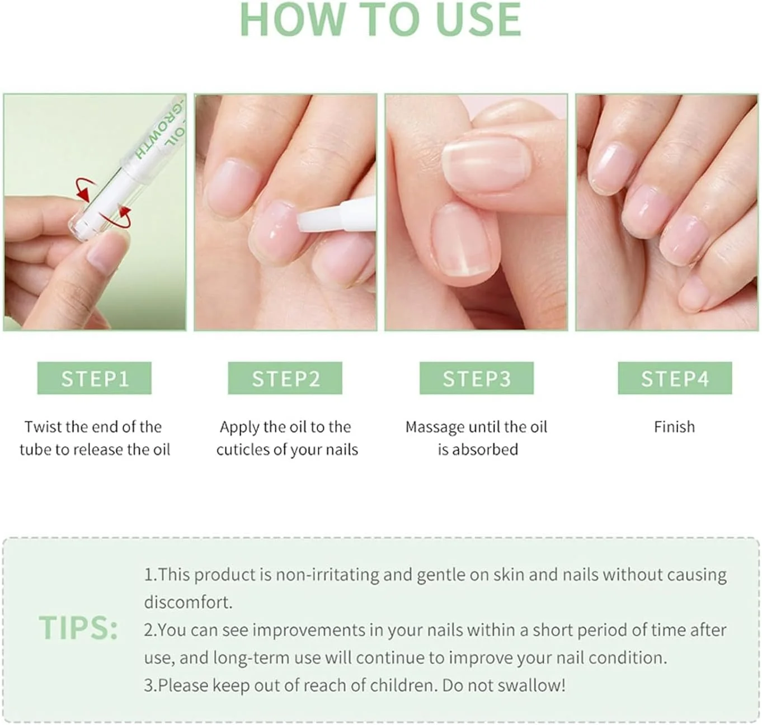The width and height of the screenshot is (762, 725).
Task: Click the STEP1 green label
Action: click(x=94, y=378)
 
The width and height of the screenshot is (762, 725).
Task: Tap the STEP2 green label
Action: click(x=285, y=378)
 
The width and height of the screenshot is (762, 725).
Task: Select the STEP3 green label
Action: click(x=476, y=378)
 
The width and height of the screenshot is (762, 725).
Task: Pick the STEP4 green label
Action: click(x=675, y=378)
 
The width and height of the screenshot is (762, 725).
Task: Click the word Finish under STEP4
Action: click(x=674, y=427)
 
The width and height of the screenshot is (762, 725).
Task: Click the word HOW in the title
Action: click(x=293, y=20)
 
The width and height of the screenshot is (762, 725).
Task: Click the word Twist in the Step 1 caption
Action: click(x=43, y=427)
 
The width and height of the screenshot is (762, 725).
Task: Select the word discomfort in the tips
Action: click(x=188, y=602)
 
